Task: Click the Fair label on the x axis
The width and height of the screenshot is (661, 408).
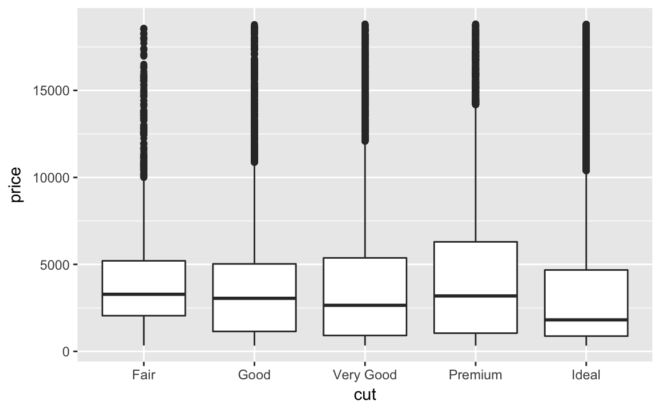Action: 143,375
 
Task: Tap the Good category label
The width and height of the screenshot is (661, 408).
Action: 254,375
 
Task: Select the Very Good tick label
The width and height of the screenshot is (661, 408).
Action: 365,375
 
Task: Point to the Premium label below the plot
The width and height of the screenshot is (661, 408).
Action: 475,375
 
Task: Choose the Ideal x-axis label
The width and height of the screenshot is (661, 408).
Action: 586,375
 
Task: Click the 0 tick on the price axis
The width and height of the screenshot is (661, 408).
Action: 67,351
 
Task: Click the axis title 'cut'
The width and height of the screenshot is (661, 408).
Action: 365,395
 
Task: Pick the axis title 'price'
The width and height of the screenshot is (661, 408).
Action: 16,185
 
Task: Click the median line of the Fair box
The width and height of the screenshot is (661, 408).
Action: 143,294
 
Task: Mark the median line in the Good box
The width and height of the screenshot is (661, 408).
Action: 254,298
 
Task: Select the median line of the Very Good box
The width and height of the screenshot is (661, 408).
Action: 365,305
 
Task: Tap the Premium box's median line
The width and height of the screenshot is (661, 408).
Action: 475,296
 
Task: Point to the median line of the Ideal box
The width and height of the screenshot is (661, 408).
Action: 586,320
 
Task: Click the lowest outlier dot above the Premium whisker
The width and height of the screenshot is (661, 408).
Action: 475,104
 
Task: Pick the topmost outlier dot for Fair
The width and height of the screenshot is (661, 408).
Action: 143,28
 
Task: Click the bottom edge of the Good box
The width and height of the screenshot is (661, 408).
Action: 254,331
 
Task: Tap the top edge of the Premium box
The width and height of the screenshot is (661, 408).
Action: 475,242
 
